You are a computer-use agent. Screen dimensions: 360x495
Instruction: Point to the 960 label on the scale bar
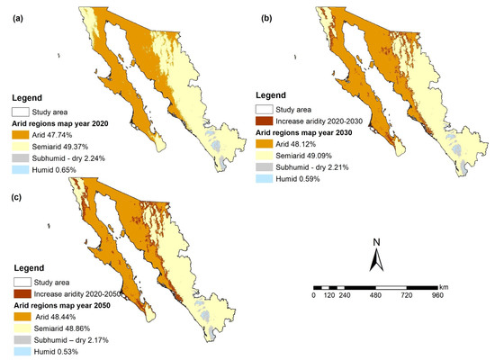(x=437, y=295)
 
